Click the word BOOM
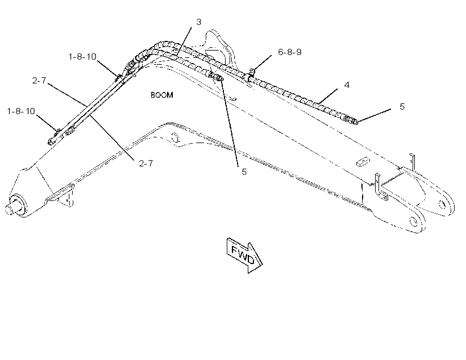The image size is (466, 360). click(x=161, y=95)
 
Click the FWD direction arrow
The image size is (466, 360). click(x=244, y=255)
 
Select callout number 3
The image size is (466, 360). click(x=199, y=22)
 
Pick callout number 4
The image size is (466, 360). click(x=347, y=85)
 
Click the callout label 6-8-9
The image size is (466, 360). click(x=290, y=52)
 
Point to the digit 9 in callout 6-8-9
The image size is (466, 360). click(x=299, y=52)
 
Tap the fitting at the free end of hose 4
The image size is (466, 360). click(x=352, y=120)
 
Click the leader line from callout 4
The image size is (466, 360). click(x=328, y=96)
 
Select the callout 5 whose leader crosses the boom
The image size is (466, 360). click(x=244, y=171)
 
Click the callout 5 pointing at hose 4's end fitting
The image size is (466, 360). click(x=402, y=106)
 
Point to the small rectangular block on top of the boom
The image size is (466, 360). click(x=363, y=162)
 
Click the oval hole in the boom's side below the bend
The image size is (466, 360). click(x=175, y=137)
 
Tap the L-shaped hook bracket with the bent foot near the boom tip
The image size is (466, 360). click(x=380, y=187)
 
